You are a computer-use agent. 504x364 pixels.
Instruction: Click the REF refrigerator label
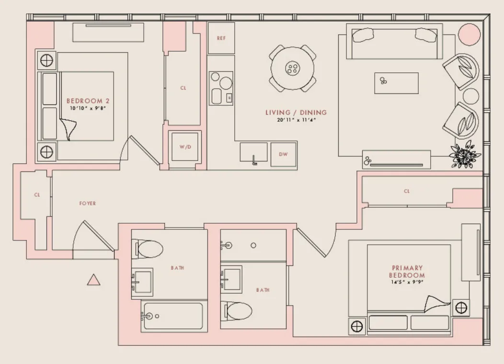coord(221,38)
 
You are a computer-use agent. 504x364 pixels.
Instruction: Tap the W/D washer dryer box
coord(185,147)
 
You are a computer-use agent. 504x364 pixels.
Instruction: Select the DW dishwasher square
coord(283,155)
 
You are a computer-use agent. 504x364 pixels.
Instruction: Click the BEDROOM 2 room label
coord(88,101)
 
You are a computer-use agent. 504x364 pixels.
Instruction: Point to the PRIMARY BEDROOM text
coord(407,272)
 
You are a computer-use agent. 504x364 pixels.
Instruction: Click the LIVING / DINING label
coord(296,113)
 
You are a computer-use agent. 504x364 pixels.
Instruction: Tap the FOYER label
coord(88,204)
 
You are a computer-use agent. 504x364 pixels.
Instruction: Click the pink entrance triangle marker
coord(94,280)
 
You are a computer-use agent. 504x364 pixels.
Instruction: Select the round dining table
coord(292,68)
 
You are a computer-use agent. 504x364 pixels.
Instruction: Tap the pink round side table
coord(469,34)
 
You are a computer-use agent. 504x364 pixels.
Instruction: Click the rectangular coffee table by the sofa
coord(396,83)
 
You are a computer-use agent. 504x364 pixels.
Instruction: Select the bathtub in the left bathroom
coord(172,316)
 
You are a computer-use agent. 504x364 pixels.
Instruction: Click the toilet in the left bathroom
coord(149,248)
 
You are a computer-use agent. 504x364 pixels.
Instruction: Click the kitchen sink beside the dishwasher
coord(253,153)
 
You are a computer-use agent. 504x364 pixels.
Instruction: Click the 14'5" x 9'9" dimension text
coord(407,283)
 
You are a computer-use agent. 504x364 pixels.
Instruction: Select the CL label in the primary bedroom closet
coord(407,191)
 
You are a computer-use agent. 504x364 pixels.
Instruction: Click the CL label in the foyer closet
coord(37,195)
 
